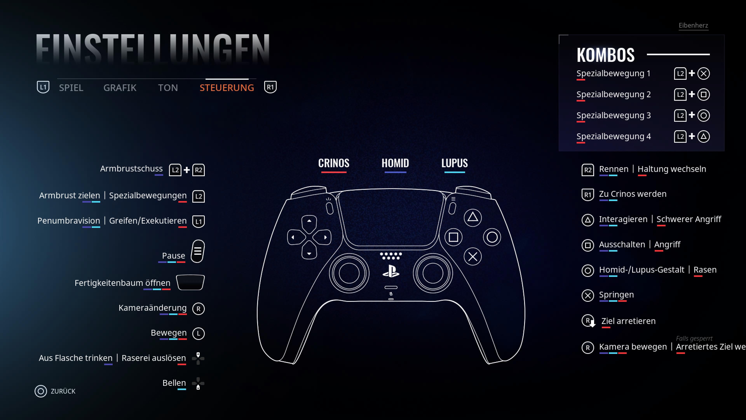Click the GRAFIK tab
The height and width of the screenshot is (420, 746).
pos(120,87)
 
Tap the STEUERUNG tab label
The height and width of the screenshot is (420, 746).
pos(227,87)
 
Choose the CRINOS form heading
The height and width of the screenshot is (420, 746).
pos(334,163)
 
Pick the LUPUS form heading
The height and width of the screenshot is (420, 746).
pos(454,163)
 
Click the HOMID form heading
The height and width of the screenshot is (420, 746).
pos(395,163)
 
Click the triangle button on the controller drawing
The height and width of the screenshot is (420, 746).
pos(473,217)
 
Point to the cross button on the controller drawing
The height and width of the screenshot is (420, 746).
pos(473,256)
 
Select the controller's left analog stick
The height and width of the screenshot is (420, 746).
pos(349,273)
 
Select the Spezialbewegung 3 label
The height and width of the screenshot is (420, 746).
pos(613,115)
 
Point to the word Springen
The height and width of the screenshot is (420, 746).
pos(616,295)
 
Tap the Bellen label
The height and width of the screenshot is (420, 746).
pos(174,383)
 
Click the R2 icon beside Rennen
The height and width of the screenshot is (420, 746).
pos(588,170)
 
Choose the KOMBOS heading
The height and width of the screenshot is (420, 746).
pos(605,55)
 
